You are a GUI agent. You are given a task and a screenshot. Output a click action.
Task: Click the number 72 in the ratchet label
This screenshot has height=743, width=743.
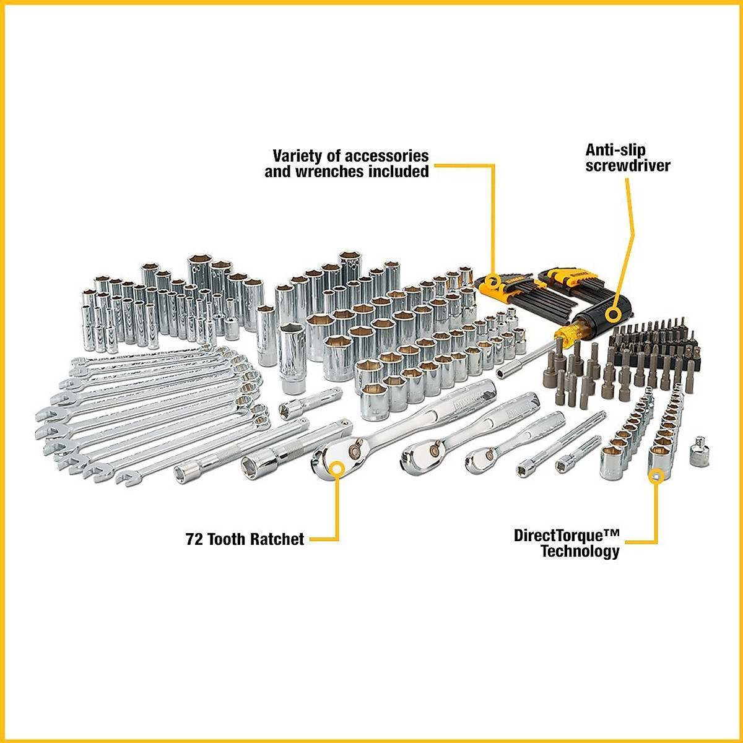coord(194,539)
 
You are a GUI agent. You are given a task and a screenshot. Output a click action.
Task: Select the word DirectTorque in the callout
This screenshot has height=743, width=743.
coord(566,535)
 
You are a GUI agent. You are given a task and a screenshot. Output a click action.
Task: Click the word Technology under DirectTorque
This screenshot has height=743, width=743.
coord(580,551)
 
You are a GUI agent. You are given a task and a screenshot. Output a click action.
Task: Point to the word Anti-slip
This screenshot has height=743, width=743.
coord(615,150)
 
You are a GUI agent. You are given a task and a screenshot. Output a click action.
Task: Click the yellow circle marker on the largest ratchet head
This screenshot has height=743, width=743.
coord(336,468)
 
